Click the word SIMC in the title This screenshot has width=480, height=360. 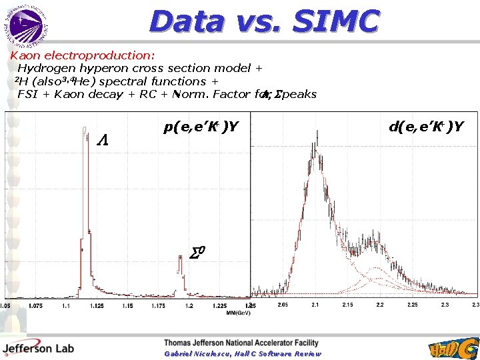(337, 22)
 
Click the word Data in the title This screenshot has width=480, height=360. (186, 22)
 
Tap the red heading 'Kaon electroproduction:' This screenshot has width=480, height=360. (81, 55)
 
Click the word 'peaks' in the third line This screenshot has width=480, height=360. (299, 94)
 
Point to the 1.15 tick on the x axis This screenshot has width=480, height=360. (100, 306)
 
